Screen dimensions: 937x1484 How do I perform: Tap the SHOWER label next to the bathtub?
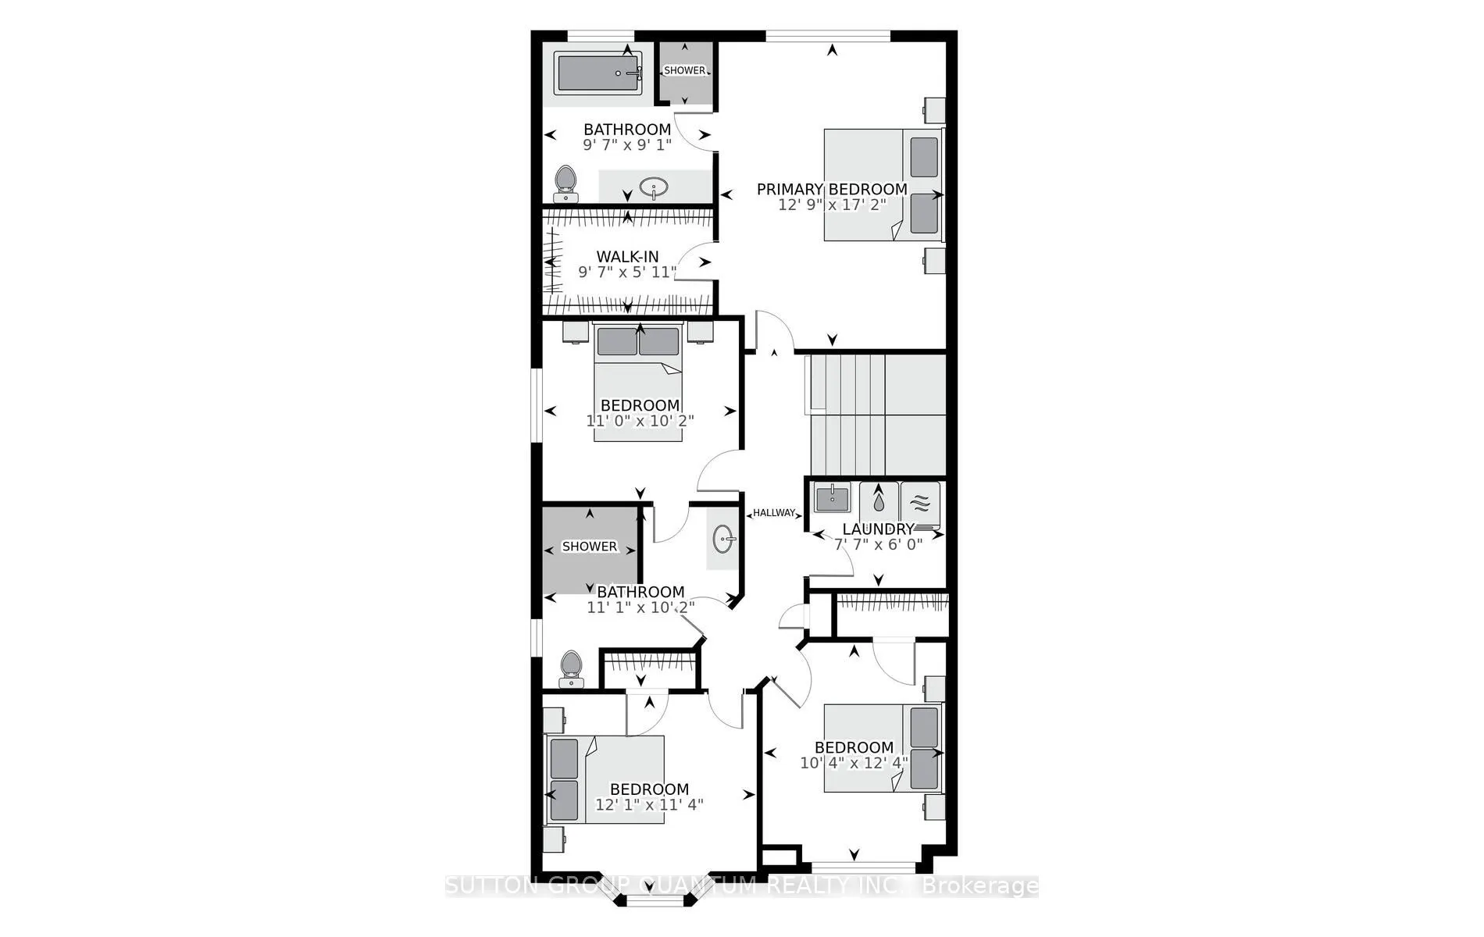tap(685, 70)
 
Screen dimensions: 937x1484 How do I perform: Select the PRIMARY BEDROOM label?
tap(832, 189)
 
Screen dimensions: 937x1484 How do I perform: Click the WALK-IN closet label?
tap(627, 256)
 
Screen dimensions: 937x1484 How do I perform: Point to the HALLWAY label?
tap(774, 513)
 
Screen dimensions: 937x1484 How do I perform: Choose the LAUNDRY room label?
tap(878, 529)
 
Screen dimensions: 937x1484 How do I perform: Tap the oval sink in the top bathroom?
tap(653, 187)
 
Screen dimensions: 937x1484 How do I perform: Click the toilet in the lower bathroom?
tap(573, 669)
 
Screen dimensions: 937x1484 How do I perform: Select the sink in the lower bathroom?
tap(722, 538)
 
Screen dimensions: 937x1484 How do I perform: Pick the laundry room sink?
tap(833, 497)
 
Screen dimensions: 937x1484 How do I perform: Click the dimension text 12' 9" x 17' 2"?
tap(832, 205)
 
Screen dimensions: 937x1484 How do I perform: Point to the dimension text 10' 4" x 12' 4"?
tap(854, 763)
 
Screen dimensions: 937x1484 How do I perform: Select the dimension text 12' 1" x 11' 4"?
tap(649, 804)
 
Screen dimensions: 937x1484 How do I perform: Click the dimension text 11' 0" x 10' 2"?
tap(640, 421)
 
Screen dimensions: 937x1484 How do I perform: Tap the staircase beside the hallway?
tap(875, 414)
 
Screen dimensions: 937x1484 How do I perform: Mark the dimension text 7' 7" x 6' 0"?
tap(878, 544)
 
